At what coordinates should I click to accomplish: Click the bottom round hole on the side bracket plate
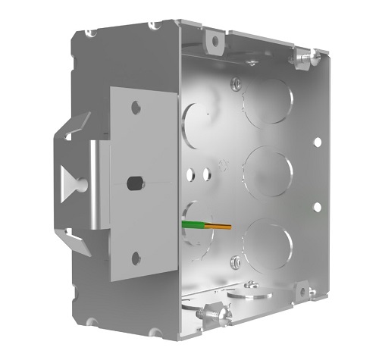(x=136, y=258)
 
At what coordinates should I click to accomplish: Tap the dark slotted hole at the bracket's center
(x=135, y=183)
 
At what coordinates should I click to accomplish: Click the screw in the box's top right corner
(x=306, y=55)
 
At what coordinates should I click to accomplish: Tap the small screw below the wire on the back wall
(x=236, y=261)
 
